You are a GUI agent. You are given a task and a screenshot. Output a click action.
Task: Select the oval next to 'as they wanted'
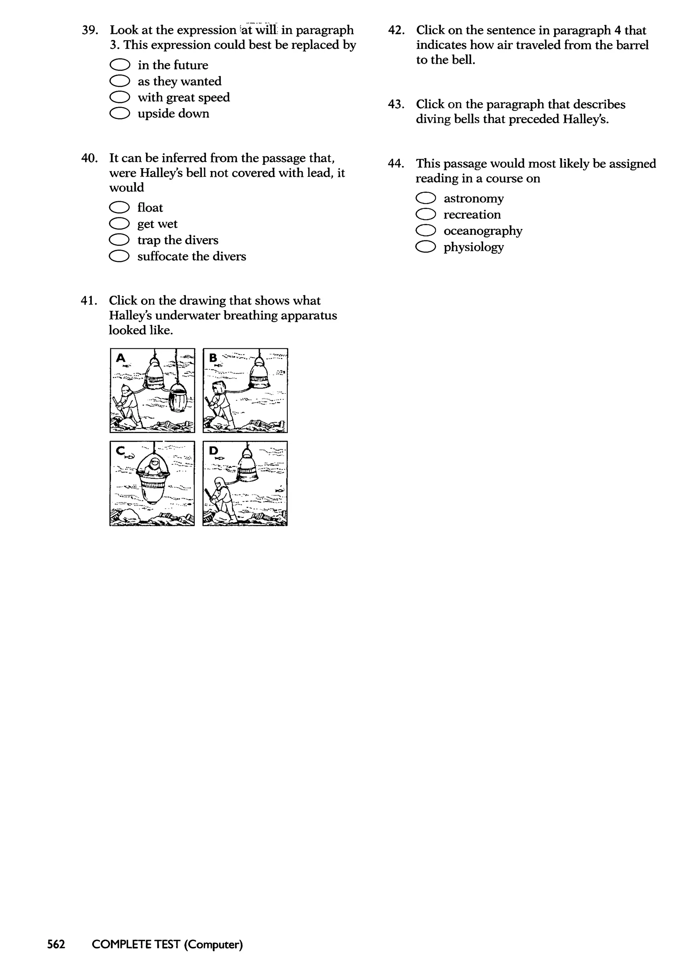click(x=119, y=81)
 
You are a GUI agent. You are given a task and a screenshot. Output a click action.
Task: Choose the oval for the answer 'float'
click(x=119, y=207)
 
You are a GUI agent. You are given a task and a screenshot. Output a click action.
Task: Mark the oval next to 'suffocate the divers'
click(x=119, y=256)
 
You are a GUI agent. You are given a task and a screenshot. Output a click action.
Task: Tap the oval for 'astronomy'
click(x=425, y=198)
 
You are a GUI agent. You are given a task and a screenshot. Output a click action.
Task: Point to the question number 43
click(x=396, y=104)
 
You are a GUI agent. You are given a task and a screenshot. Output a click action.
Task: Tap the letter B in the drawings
click(x=213, y=358)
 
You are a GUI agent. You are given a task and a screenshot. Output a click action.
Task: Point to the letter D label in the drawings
click(x=213, y=451)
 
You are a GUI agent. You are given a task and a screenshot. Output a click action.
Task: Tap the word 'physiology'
click(x=474, y=247)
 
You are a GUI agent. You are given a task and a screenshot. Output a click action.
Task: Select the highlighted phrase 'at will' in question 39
click(x=259, y=30)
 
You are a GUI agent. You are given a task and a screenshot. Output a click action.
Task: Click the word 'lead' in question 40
click(x=318, y=173)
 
